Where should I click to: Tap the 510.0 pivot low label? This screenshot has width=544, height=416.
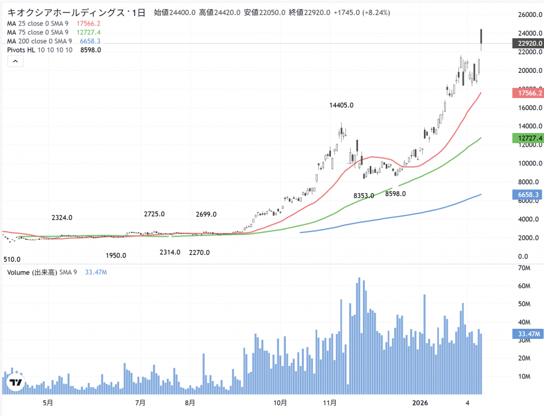click(x=12, y=260)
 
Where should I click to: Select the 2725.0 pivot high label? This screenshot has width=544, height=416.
click(x=154, y=214)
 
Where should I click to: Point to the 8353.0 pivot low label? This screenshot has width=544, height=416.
click(x=363, y=196)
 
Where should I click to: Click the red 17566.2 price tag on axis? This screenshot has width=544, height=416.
click(x=528, y=93)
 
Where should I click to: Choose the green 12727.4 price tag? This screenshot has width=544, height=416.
click(x=528, y=138)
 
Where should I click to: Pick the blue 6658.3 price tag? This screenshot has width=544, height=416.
click(x=528, y=195)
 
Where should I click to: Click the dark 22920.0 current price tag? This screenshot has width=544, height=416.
click(x=528, y=43)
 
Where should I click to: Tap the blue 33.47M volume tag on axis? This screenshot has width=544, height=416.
click(x=528, y=334)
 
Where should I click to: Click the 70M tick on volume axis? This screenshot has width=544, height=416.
click(x=525, y=268)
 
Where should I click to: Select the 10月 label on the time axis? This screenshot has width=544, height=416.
click(x=280, y=402)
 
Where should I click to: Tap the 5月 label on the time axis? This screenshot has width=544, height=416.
click(x=48, y=402)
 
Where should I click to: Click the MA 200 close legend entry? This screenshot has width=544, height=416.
click(x=40, y=41)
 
